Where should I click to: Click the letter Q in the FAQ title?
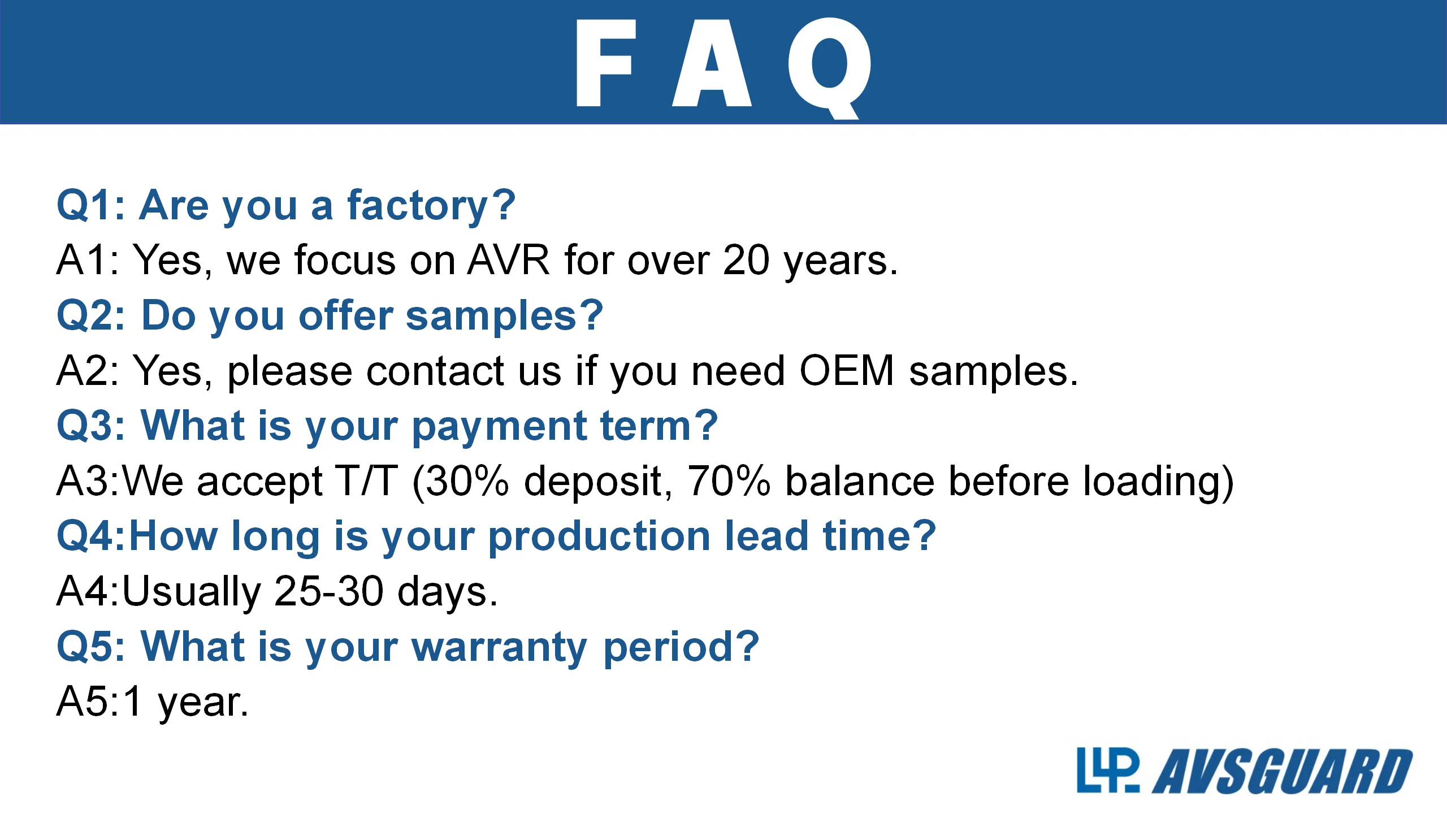(x=830, y=68)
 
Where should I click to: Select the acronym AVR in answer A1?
(x=509, y=260)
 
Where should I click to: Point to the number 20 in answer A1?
(x=746, y=260)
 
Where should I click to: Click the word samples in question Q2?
(x=491, y=316)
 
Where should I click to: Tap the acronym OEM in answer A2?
(x=847, y=371)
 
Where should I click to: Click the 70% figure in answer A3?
(x=729, y=481)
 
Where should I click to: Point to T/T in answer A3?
(x=366, y=481)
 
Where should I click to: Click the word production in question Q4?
(x=600, y=538)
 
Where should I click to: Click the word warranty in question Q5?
(x=500, y=648)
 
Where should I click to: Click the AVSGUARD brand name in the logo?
(x=1283, y=772)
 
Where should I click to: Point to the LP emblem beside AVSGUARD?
(x=1108, y=770)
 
